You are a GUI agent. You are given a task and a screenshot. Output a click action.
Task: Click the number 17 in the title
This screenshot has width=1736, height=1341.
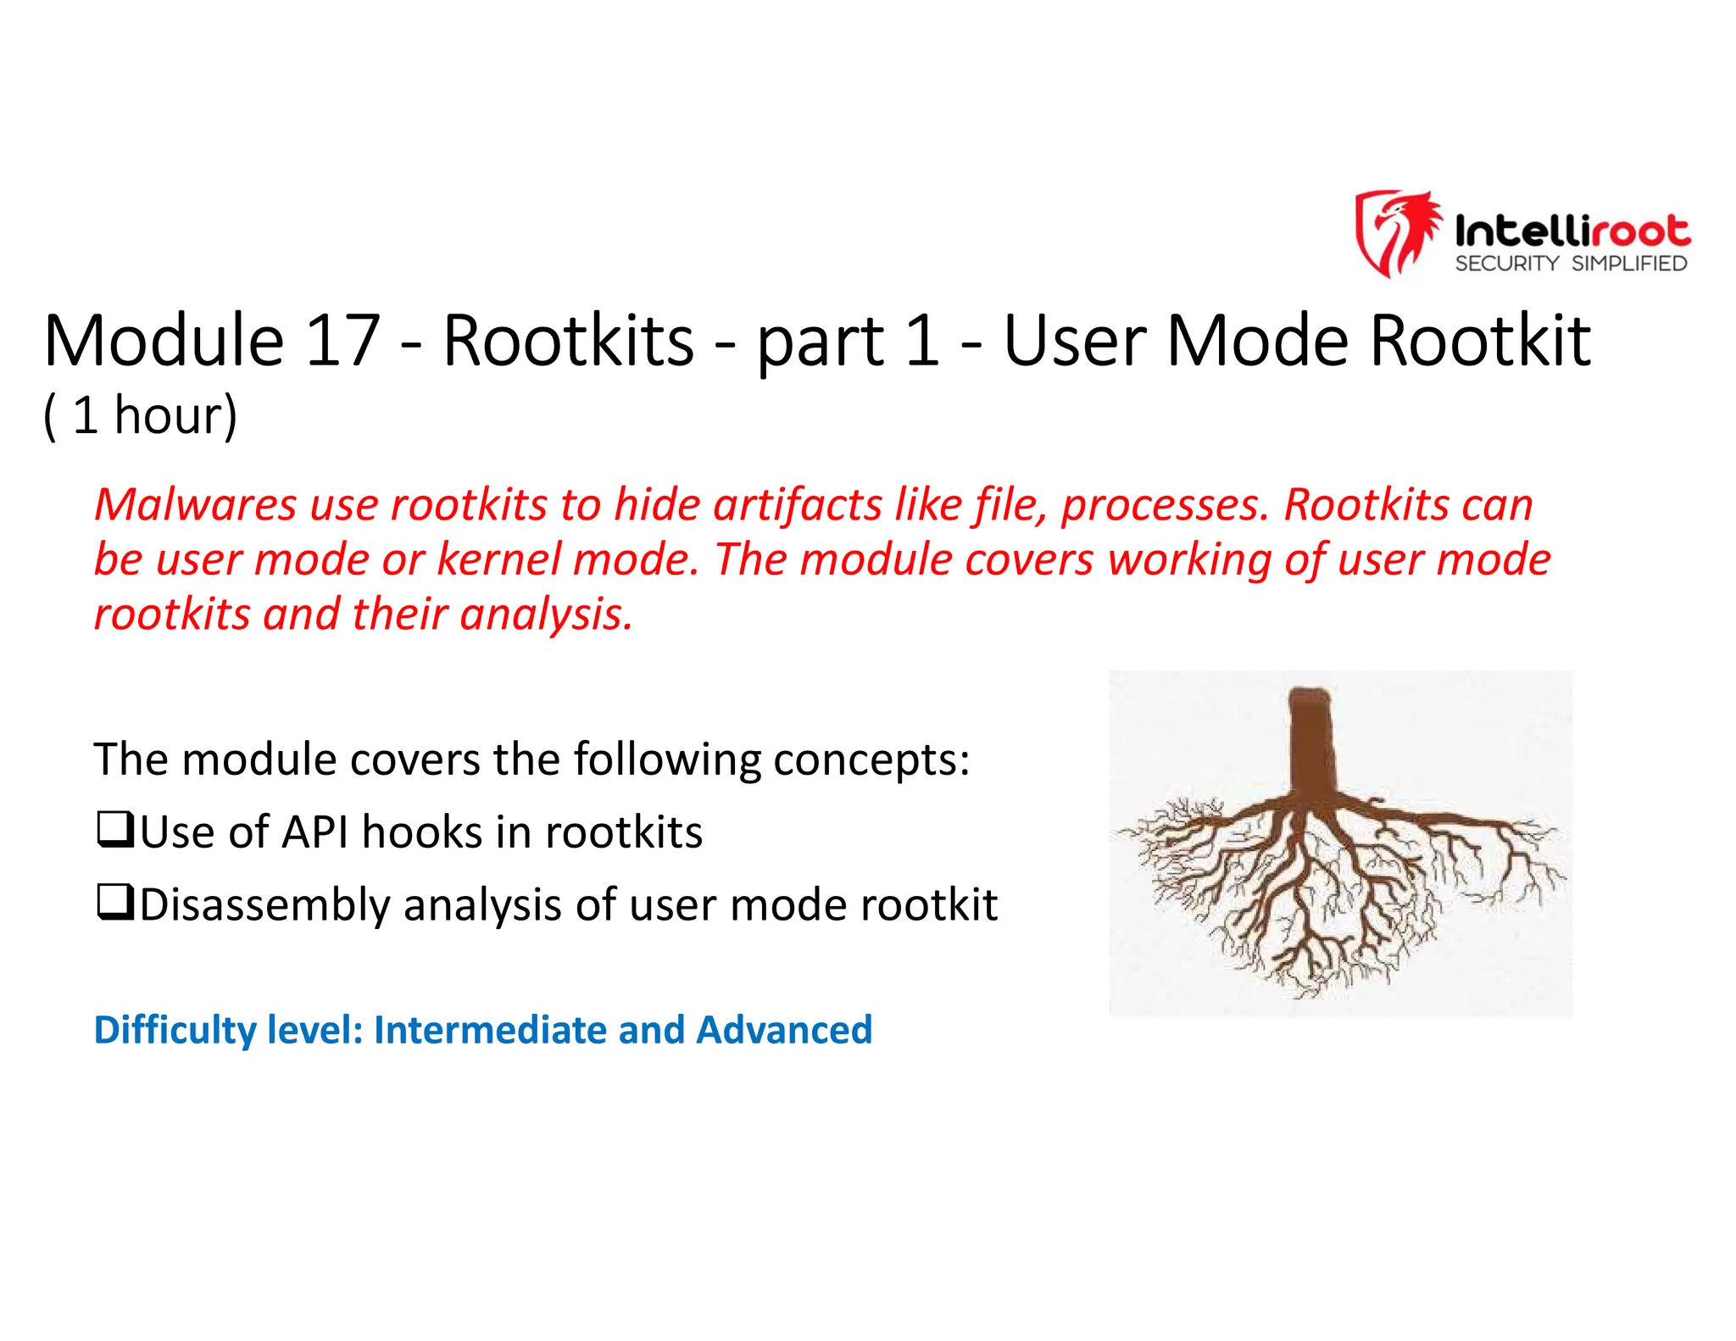pyautogui.click(x=342, y=341)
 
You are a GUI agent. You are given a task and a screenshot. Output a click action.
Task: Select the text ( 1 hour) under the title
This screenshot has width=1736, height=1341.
pyautogui.click(x=141, y=415)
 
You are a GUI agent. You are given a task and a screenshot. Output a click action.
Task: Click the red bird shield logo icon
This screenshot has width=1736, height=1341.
pyautogui.click(x=1396, y=232)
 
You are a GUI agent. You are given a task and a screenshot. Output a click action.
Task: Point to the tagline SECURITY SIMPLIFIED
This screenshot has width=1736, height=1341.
pyautogui.click(x=1571, y=264)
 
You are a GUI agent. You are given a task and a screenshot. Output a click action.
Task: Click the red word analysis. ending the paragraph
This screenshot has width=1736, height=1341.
pyautogui.click(x=546, y=615)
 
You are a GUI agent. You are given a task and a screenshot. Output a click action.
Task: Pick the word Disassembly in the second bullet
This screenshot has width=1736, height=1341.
pyautogui.click(x=264, y=905)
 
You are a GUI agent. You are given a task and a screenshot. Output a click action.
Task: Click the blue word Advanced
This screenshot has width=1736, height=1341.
pyautogui.click(x=783, y=1030)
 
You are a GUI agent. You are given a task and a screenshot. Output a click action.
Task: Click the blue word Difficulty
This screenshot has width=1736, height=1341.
pyautogui.click(x=175, y=1030)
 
